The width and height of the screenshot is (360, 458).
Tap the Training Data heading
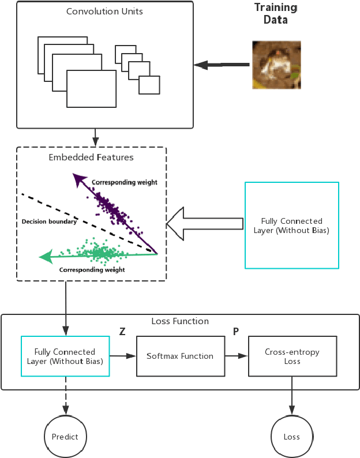coord(276,13)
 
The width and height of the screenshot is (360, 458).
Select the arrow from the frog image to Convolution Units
coord(222,65)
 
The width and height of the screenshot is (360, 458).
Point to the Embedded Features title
coord(92,157)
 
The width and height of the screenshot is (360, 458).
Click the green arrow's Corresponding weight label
coord(92,269)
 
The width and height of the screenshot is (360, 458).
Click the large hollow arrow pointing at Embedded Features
coord(204,223)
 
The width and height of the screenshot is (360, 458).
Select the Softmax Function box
coord(179,356)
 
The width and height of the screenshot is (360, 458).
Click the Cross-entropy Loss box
coord(291,356)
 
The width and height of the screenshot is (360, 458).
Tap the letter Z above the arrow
coord(122,332)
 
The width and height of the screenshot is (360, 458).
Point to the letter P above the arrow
coord(235,332)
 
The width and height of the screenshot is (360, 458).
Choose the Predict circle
coord(65,437)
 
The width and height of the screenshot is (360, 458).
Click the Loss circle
coord(291,437)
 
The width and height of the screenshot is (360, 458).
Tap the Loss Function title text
coord(180,321)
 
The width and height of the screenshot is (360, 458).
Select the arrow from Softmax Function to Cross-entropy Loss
coord(236,356)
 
